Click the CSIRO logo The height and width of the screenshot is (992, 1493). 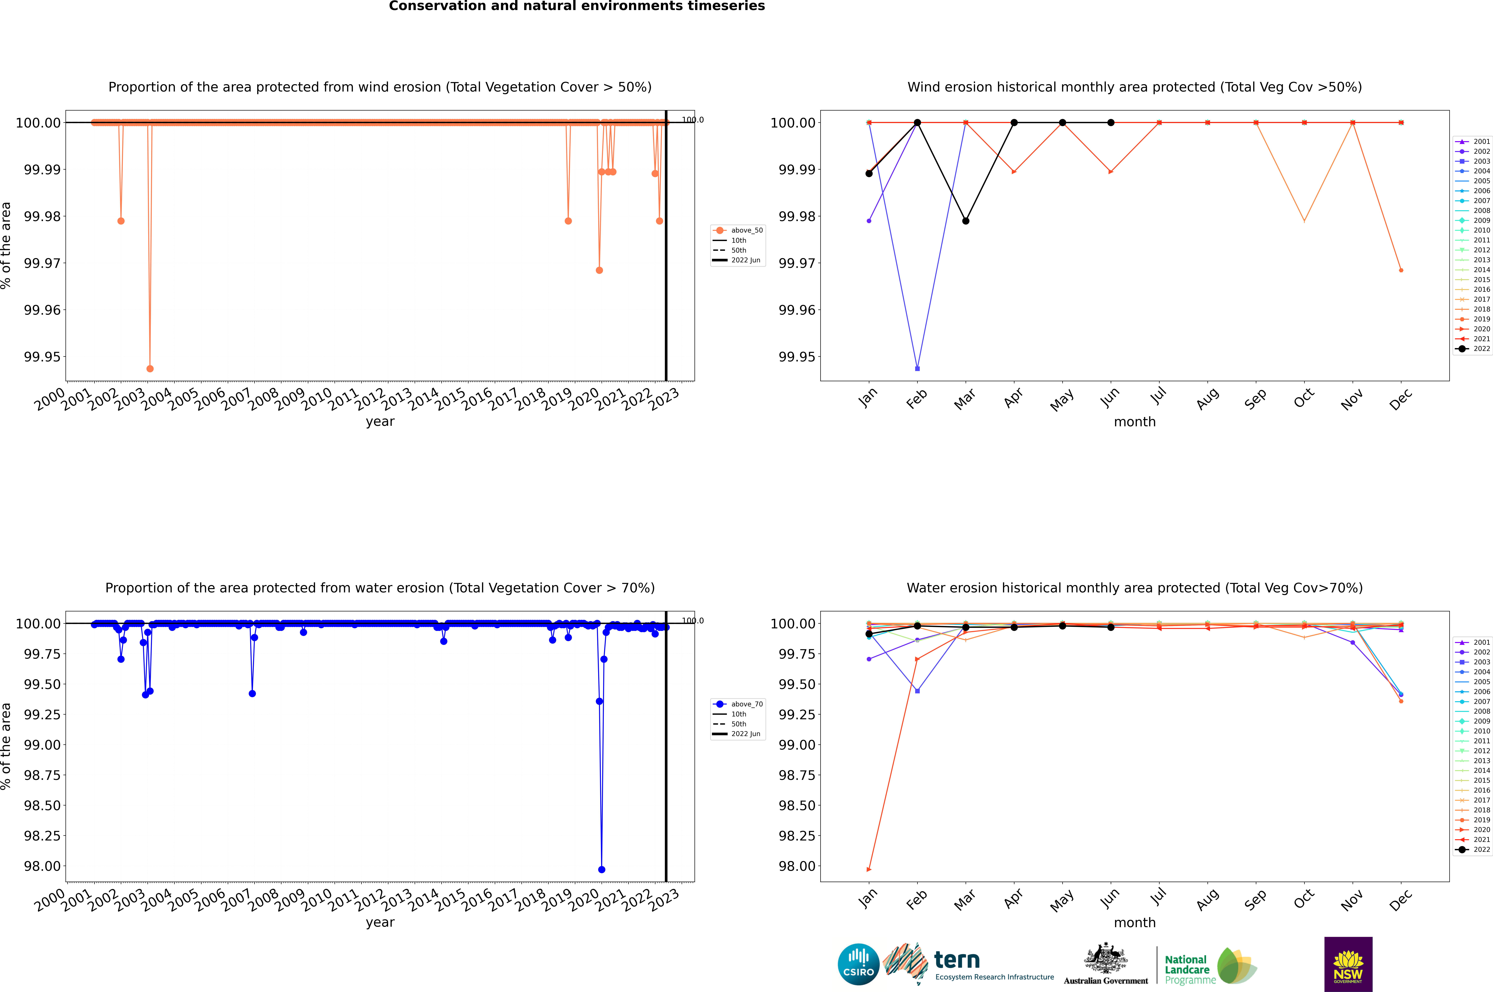click(858, 964)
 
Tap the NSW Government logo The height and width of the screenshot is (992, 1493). click(1348, 964)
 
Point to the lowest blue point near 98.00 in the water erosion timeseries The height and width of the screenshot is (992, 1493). click(601, 869)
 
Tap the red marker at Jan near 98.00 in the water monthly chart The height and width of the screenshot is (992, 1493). click(869, 869)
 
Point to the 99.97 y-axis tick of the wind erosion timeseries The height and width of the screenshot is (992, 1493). click(42, 263)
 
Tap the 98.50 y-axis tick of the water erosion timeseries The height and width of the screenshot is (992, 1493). click(42, 805)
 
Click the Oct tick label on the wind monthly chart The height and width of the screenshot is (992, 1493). click(1304, 398)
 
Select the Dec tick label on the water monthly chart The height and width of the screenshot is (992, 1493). click(1401, 900)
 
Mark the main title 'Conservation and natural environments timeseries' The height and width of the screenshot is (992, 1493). click(577, 6)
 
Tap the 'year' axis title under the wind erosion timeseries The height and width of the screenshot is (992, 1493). click(380, 421)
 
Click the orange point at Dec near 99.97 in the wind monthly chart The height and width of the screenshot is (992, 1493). click(1401, 270)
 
